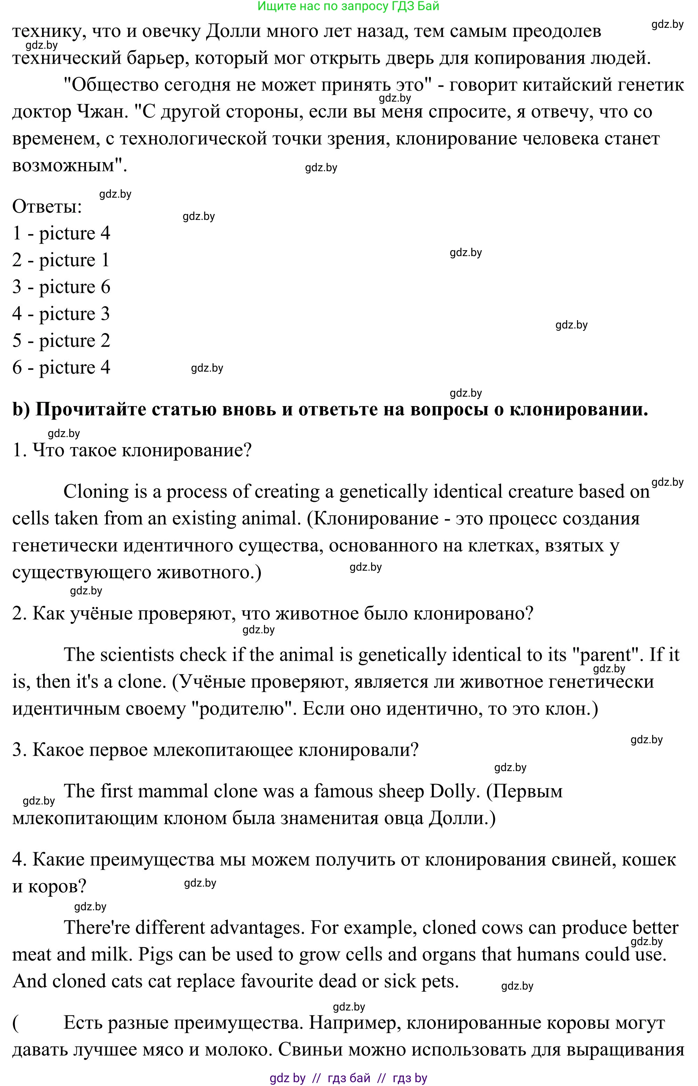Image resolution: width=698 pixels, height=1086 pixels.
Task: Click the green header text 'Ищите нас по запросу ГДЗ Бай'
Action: [x=348, y=6]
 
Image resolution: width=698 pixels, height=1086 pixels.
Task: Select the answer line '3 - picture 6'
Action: [x=61, y=287]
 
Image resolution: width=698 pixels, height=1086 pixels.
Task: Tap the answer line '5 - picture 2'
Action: [x=61, y=341]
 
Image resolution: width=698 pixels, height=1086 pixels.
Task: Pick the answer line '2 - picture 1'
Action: [x=61, y=260]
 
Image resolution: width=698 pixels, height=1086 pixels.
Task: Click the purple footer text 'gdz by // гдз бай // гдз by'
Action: [x=348, y=1078]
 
